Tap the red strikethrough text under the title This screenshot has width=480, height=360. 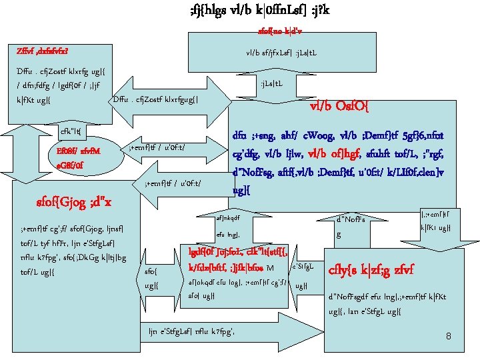pyautogui.click(x=279, y=31)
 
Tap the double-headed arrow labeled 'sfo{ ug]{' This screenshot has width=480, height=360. pyautogui.click(x=151, y=277)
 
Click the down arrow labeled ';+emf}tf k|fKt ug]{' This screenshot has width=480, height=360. pyautogui.click(x=433, y=218)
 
